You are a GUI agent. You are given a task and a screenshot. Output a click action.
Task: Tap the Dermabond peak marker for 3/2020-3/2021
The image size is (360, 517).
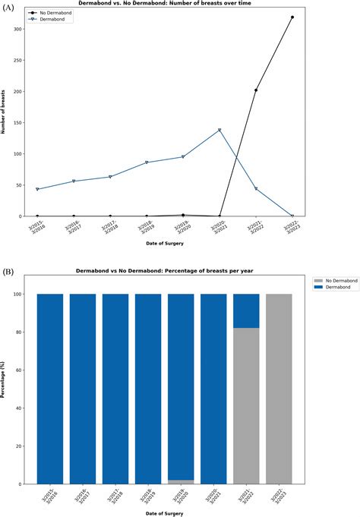point(219,130)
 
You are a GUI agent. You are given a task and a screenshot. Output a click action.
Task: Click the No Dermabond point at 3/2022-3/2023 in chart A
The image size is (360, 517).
point(292,17)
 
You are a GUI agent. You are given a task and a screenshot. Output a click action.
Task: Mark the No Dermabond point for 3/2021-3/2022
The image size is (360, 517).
point(256,90)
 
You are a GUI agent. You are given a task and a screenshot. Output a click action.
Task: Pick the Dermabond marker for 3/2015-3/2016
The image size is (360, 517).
point(37,189)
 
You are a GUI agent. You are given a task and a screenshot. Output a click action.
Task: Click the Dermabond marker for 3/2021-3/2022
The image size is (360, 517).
point(256,188)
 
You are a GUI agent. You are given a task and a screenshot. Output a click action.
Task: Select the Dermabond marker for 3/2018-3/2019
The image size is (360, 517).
point(147,162)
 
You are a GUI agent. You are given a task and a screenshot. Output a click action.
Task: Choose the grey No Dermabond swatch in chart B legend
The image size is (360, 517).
point(318,280)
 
